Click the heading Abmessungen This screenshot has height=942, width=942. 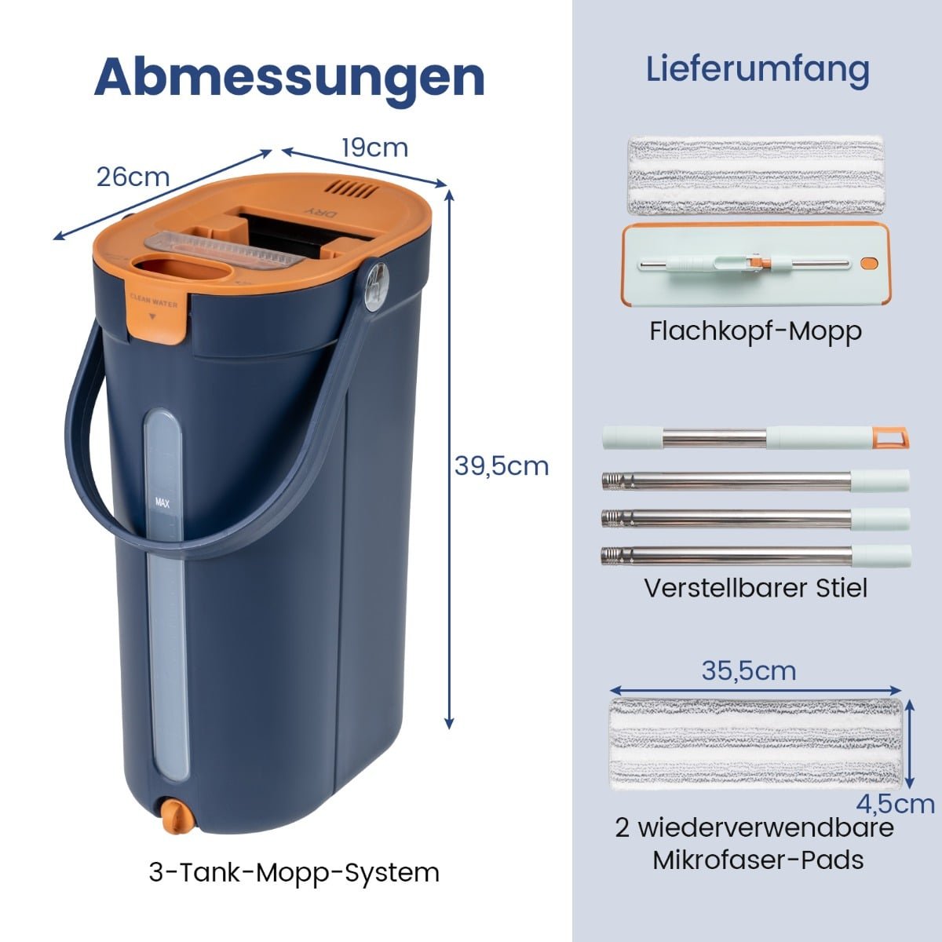290,78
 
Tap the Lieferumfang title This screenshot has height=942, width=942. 758,70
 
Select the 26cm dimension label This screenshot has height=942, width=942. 133,177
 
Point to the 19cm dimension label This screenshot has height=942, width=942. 374,148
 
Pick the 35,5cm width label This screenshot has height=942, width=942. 749,670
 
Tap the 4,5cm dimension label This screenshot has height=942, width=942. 896,804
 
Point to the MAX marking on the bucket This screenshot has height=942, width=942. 162,502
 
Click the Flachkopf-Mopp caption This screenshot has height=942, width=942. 756,332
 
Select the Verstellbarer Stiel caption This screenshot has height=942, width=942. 756,588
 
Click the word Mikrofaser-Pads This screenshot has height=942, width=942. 758,860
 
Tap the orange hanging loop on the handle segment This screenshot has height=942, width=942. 891,436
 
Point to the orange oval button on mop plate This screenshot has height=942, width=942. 869,264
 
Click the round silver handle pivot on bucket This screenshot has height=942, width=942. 376,287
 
